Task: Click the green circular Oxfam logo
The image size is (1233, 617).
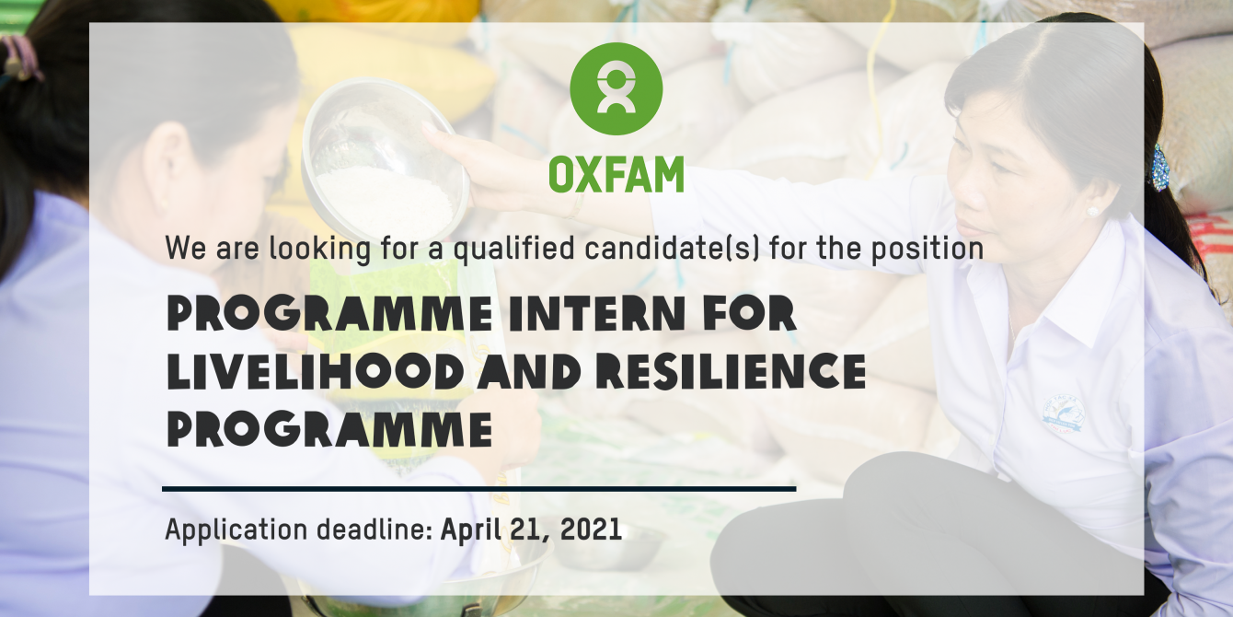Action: [616, 88]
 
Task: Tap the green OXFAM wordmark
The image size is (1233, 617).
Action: [616, 174]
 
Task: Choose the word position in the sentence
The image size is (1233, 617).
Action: [927, 250]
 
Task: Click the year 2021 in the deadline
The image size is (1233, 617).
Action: [591, 530]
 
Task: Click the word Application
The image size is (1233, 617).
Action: [236, 530]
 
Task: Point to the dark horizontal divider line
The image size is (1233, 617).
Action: [478, 489]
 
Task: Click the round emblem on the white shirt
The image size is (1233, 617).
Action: [1064, 414]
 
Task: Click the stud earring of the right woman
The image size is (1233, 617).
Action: [1091, 212]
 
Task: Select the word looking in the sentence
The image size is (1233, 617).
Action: [320, 250]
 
